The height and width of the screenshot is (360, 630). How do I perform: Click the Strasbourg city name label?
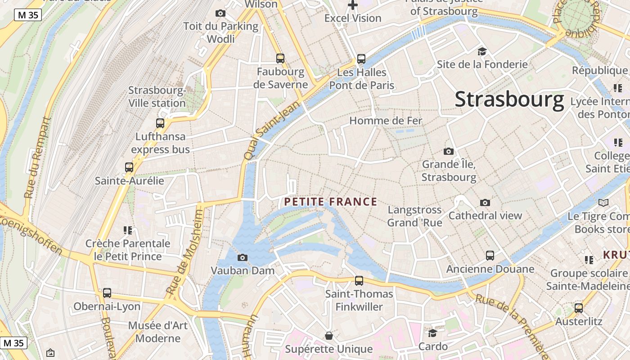coord(509,99)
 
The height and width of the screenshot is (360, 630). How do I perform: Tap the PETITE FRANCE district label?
coord(331,202)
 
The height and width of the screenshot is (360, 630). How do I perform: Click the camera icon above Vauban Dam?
coord(242,257)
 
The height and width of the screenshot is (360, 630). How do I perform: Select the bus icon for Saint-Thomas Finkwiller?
coord(359,281)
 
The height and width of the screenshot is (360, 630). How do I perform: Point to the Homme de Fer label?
coord(386,121)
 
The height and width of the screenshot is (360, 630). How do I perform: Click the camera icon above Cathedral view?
coord(485,202)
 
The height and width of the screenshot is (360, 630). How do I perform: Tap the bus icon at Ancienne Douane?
coord(490,256)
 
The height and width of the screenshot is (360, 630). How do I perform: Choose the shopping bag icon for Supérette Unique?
coord(329,336)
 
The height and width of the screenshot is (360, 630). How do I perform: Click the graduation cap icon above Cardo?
coord(432,333)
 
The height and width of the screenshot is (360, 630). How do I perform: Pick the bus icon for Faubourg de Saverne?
coord(280,58)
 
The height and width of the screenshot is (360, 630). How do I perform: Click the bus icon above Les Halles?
coord(361,58)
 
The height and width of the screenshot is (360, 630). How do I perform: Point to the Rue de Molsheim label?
coord(185,252)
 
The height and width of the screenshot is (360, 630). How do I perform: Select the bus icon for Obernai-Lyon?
coord(107,293)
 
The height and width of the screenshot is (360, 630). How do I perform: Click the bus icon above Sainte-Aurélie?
coord(129,167)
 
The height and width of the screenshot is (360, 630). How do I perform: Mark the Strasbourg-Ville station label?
coord(157,97)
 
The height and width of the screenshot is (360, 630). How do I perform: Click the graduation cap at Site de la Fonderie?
coord(482,51)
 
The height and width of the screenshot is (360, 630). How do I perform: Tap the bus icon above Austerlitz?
coord(579,308)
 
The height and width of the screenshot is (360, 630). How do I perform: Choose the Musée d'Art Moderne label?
coord(158,332)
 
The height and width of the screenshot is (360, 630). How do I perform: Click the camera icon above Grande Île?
coord(448,151)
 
